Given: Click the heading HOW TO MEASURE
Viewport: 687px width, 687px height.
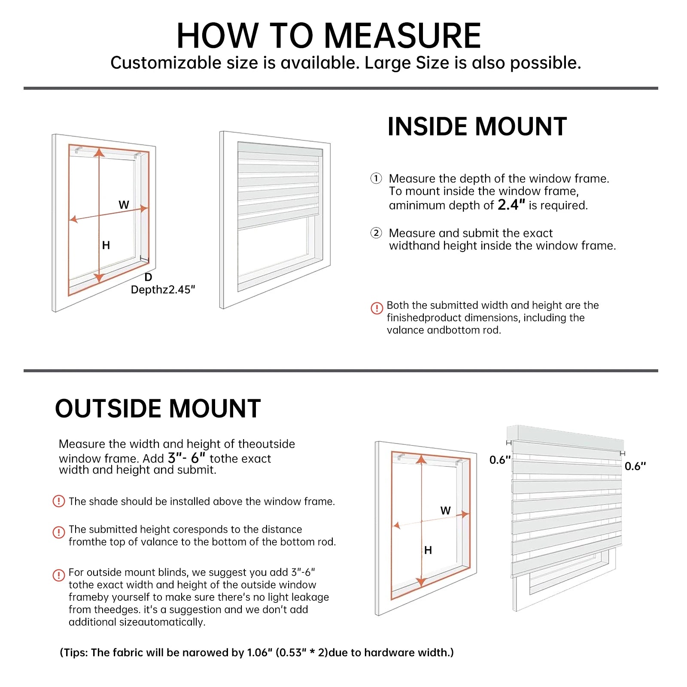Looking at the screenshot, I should (x=328, y=36).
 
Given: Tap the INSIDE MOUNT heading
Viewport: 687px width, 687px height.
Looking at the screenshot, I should (x=477, y=127).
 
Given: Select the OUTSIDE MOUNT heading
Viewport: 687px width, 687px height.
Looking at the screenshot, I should (x=158, y=408).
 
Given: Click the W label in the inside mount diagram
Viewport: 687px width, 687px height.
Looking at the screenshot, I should (x=124, y=205).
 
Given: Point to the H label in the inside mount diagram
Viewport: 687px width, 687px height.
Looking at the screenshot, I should (x=106, y=245).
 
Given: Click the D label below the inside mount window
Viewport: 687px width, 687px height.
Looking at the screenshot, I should (x=148, y=277).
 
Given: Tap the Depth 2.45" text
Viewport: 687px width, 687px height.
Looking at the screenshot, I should (x=163, y=290).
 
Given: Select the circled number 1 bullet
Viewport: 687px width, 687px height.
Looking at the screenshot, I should (x=376, y=178).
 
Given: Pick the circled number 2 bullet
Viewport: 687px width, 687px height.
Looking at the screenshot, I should (x=376, y=233).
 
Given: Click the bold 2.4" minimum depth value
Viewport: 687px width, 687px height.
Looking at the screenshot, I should (x=511, y=205).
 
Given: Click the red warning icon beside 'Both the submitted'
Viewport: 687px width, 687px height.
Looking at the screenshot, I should (x=377, y=308).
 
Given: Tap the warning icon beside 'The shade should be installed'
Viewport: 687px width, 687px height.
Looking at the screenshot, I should (x=58, y=501).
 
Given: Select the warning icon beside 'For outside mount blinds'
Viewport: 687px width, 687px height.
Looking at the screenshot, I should (x=58, y=575).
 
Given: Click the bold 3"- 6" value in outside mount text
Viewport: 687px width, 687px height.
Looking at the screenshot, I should (x=186, y=458).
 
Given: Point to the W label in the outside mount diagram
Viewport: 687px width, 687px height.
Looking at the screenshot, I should (x=446, y=511).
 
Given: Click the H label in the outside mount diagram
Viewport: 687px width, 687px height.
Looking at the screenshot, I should (x=428, y=550).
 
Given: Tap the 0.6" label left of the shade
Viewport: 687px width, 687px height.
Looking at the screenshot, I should (x=500, y=460).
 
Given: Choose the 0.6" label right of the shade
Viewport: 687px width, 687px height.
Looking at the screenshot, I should (x=635, y=466).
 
